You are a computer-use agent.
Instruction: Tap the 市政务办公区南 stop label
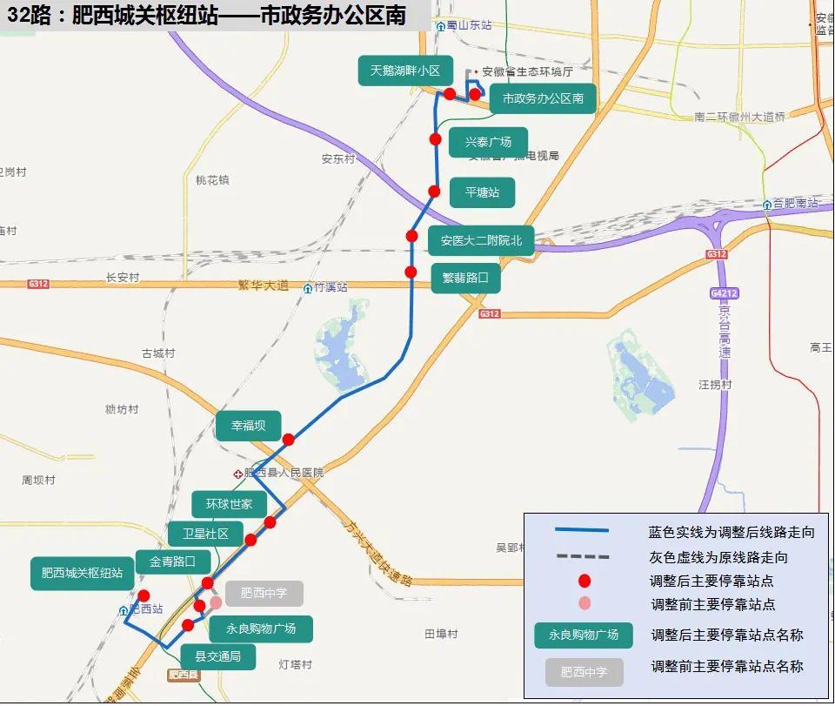pyautogui.click(x=543, y=99)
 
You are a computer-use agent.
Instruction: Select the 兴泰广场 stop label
pyautogui.click(x=488, y=142)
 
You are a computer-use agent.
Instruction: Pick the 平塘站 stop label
pyautogui.click(x=482, y=192)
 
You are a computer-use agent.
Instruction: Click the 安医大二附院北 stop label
pyautogui.click(x=481, y=240)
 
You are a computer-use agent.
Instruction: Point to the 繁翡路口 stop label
pyautogui.click(x=465, y=279)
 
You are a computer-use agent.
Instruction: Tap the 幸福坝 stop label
pyautogui.click(x=248, y=426)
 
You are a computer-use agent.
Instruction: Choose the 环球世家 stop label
pyautogui.click(x=229, y=504)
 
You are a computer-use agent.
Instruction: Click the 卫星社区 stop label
pyautogui.click(x=205, y=534)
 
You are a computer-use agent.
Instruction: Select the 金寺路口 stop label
pyautogui.click(x=173, y=561)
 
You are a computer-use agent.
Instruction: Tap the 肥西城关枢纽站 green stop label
pyautogui.click(x=82, y=574)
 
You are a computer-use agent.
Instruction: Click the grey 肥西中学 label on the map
pyautogui.click(x=264, y=594)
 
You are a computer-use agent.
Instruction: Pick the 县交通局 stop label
pyautogui.click(x=217, y=656)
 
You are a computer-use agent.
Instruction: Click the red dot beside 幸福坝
pyautogui.click(x=288, y=440)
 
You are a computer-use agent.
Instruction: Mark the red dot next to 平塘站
pyautogui.click(x=434, y=192)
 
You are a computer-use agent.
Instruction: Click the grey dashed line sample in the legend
pyautogui.click(x=582, y=556)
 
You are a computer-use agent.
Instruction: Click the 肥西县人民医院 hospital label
pyautogui.click(x=284, y=473)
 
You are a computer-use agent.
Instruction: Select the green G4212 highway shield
pyautogui.click(x=723, y=293)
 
